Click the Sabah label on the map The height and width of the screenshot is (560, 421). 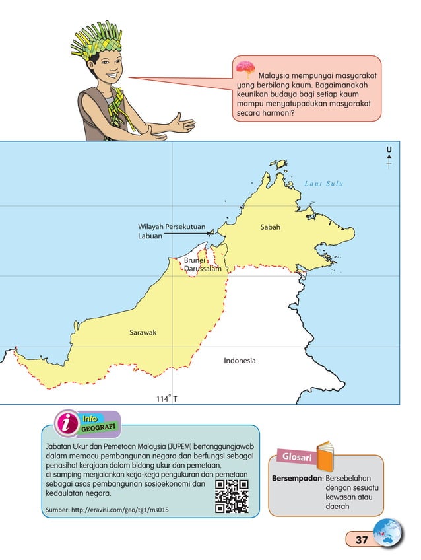271,227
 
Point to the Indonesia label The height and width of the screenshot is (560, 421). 240,361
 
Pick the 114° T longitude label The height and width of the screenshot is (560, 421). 167,398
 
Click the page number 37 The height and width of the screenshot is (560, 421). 361,540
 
